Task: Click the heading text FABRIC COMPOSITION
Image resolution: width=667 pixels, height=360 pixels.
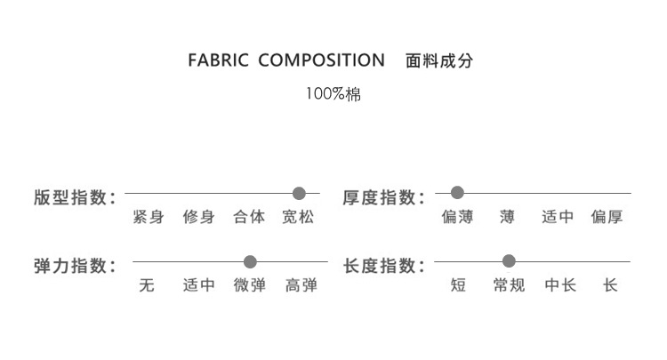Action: click(285, 61)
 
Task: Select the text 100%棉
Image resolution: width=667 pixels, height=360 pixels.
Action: click(333, 93)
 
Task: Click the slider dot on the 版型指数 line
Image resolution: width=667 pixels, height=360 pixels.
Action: click(299, 193)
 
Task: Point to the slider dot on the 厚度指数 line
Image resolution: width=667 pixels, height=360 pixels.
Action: click(457, 193)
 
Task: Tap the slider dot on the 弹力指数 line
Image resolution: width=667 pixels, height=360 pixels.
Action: click(250, 262)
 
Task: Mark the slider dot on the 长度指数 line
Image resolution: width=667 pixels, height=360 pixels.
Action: click(509, 262)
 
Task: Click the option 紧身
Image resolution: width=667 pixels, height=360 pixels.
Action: click(148, 217)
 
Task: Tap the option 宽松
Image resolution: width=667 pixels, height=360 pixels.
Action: click(298, 217)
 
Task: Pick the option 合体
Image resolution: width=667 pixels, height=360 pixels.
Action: click(249, 217)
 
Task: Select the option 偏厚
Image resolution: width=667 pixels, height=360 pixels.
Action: click(607, 217)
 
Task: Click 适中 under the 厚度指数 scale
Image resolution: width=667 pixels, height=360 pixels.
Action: click(558, 217)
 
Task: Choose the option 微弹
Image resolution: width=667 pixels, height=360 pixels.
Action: click(250, 286)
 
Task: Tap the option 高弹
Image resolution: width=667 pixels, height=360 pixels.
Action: click(301, 286)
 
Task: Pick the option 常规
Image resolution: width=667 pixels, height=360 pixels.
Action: click(509, 286)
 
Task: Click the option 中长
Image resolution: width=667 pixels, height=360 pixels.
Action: click(560, 286)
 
